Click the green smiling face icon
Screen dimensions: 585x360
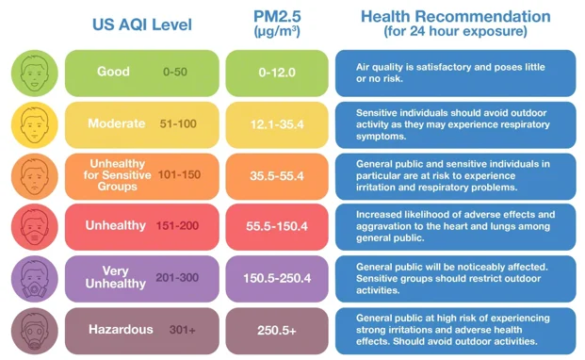(35, 74)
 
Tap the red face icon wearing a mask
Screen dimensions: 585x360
(35, 227)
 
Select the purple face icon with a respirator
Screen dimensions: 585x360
(35, 279)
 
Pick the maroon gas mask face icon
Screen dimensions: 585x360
(35, 331)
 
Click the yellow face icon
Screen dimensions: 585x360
(35, 125)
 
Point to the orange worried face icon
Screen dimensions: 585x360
(35, 176)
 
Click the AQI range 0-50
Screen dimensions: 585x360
(175, 72)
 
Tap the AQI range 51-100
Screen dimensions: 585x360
(178, 123)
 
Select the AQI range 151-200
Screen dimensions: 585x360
(177, 225)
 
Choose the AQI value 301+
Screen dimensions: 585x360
(182, 330)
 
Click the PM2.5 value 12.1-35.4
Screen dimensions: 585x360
(277, 124)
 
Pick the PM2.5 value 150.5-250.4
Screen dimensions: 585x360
(277, 278)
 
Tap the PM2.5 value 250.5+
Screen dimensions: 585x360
(276, 331)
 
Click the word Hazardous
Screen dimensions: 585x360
(121, 330)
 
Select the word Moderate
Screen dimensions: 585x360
(117, 123)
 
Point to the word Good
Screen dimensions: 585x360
(113, 72)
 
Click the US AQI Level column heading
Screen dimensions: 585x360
(142, 25)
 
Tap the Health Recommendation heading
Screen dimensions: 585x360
(456, 16)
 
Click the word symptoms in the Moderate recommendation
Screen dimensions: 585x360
(381, 136)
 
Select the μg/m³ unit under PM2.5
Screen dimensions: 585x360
(277, 31)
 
